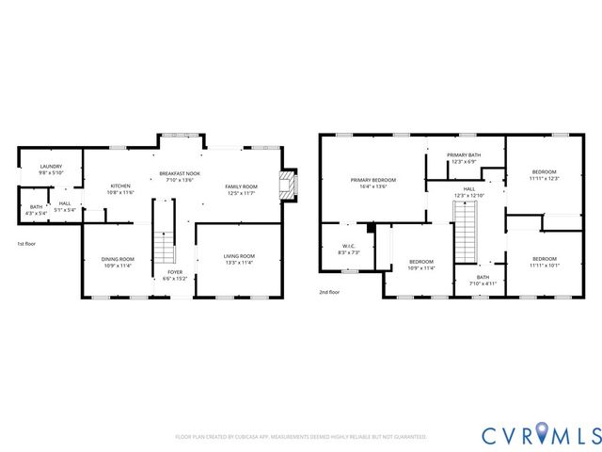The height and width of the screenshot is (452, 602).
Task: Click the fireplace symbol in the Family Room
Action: click(289, 186)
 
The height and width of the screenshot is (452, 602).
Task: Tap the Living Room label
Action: click(239, 259)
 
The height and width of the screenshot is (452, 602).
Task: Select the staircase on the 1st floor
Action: click(165, 246)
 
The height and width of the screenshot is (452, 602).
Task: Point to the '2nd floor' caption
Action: click(329, 292)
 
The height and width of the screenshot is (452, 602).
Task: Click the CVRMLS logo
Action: click(540, 435)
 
